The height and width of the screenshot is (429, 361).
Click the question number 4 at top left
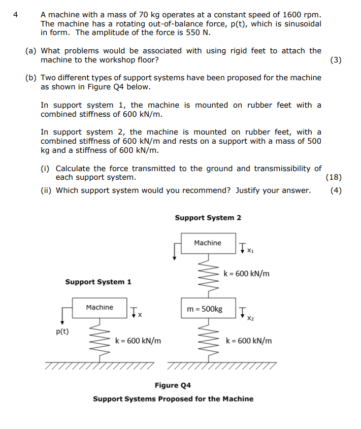coord(15,15)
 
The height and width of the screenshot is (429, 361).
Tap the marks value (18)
coord(334,177)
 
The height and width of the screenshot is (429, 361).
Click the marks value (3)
coord(336,60)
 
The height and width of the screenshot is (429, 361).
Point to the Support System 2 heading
coord(208,218)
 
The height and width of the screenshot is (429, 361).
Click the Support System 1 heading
coord(99,282)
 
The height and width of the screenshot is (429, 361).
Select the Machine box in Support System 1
coord(100,308)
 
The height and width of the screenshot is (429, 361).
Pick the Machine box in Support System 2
coord(208,243)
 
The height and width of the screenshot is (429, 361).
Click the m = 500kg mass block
coord(208,308)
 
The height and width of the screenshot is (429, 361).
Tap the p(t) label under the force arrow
coord(62,332)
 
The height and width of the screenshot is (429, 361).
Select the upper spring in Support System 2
coord(209,276)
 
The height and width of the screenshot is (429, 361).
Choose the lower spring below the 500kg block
coord(209,340)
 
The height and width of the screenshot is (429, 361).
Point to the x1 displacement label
coord(250,251)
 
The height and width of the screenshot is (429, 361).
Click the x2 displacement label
coord(250,318)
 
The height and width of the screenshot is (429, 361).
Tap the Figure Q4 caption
coord(173,385)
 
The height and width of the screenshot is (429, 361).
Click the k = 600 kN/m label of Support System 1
coord(138,341)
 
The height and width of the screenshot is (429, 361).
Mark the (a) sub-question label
coord(30,51)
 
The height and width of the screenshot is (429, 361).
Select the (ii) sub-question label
coord(46,190)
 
